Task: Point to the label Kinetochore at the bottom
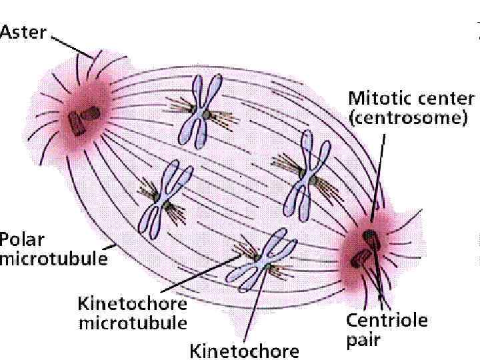tap(245, 349)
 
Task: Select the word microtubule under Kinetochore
tap(133, 324)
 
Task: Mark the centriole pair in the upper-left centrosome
tap(84, 118)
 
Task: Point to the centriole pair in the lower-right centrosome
tap(365, 247)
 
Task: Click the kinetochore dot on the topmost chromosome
tap(207, 115)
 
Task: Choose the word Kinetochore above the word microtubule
tap(133, 305)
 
